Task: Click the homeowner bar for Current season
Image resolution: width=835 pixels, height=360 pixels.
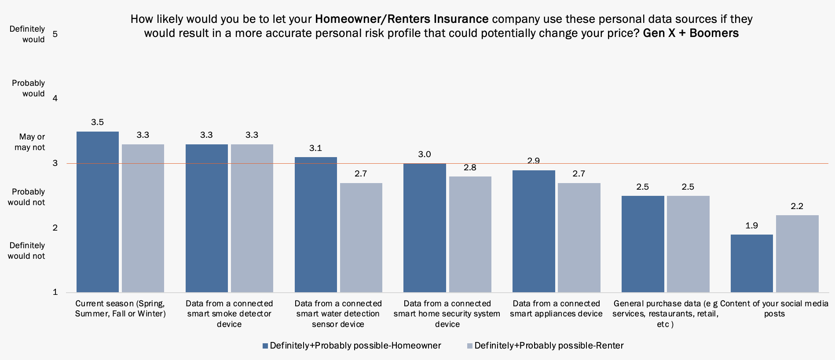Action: tap(98, 212)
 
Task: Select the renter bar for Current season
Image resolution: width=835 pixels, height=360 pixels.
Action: tap(143, 218)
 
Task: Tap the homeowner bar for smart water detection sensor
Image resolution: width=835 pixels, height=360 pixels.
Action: tap(316, 224)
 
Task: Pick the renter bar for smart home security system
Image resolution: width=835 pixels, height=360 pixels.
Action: tap(470, 234)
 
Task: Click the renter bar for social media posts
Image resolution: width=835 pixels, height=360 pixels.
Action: tap(797, 253)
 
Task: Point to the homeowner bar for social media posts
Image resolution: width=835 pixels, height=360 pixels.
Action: tap(751, 263)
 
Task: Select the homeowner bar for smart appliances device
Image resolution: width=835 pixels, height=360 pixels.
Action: tap(534, 231)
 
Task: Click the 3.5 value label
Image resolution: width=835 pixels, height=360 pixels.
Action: tap(97, 122)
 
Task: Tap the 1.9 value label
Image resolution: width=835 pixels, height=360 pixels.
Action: tap(751, 226)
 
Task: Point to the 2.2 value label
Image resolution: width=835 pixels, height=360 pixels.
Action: tap(797, 206)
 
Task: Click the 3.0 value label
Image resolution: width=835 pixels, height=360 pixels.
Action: tap(425, 154)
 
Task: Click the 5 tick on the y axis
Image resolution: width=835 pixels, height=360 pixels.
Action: tap(55, 34)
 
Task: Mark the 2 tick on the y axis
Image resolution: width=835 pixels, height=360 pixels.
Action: tap(55, 228)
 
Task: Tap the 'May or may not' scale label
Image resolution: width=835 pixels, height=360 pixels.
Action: tap(30, 142)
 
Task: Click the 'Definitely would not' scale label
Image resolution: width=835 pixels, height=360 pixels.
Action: tap(26, 251)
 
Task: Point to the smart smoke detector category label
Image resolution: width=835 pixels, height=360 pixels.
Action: tap(229, 314)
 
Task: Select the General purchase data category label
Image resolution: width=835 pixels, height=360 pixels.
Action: tap(665, 314)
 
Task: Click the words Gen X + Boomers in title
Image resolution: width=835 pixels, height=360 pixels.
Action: tap(691, 33)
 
